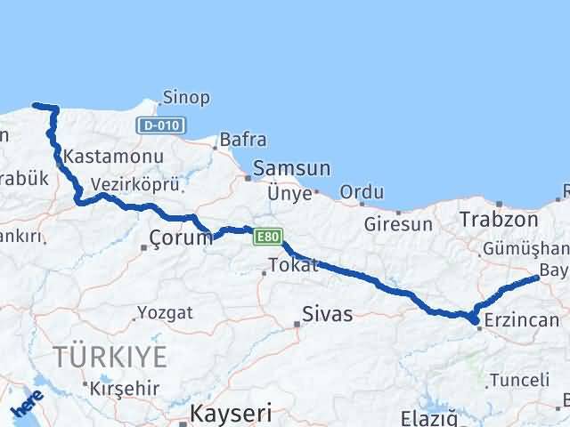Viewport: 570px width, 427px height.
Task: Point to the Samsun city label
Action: click(292, 168)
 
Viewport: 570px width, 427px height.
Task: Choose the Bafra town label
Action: click(242, 140)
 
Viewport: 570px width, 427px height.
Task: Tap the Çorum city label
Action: click(181, 238)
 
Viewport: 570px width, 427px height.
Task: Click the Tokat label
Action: click(294, 265)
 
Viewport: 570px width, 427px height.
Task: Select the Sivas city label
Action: click(328, 314)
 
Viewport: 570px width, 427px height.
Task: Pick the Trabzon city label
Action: click(499, 220)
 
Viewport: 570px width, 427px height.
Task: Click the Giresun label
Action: click(399, 224)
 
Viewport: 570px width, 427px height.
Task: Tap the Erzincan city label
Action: click(523, 320)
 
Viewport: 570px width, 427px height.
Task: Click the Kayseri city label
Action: click(231, 414)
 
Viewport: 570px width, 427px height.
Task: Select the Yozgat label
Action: click(164, 312)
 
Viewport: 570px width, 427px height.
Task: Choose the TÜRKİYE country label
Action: click(110, 358)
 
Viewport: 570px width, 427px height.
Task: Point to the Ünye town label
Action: click(290, 193)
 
